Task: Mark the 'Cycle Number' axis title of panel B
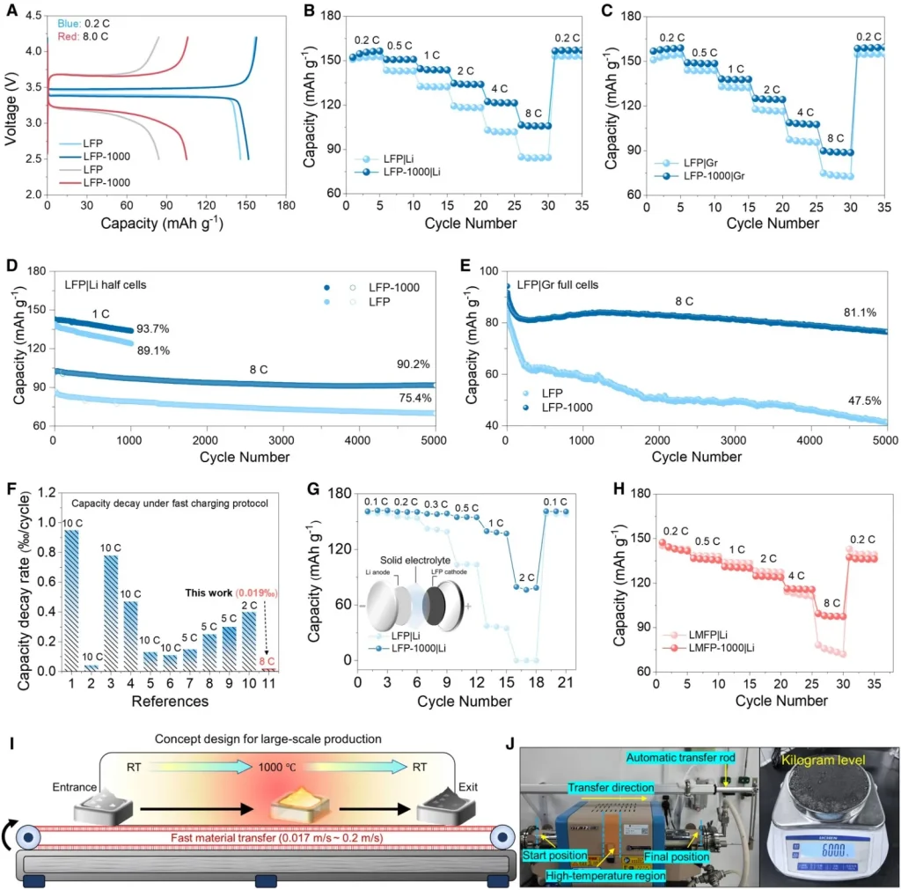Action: pyautogui.click(x=465, y=223)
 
